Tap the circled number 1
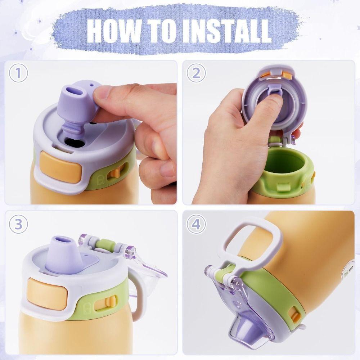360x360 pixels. (x=18, y=73)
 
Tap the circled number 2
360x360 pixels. (x=196, y=73)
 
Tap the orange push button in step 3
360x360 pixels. (x=47, y=294)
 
